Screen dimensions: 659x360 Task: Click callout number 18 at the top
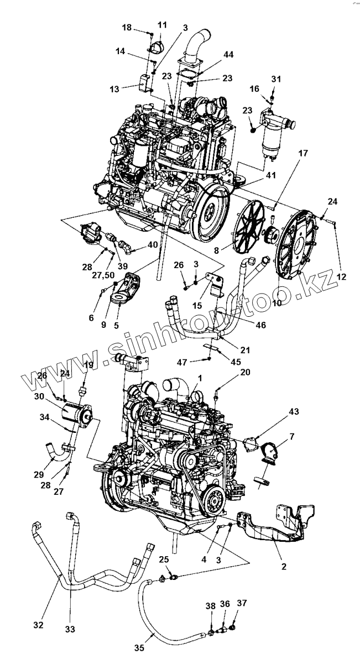point(127,27)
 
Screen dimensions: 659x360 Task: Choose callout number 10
point(276,303)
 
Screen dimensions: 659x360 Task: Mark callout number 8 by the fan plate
point(223,249)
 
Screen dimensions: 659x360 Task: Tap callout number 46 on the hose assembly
point(259,325)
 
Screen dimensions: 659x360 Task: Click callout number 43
point(294,411)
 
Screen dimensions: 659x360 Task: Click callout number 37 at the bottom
point(242,602)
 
